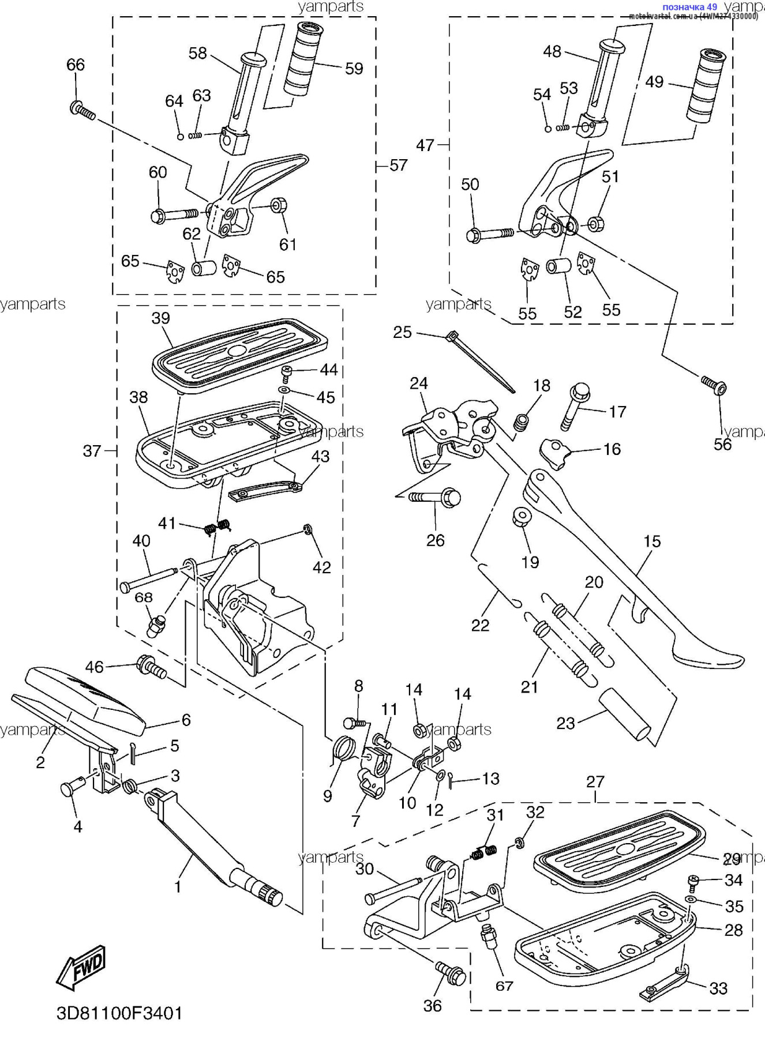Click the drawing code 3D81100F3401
tap(119, 1013)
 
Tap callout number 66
tap(76, 65)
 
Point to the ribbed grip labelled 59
tap(303, 60)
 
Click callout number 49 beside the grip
tap(654, 82)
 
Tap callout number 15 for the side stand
tap(652, 541)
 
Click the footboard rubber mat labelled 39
tap(239, 350)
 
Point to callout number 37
tap(92, 451)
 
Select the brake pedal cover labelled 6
tap(87, 695)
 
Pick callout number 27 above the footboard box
tap(595, 781)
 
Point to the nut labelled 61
tap(279, 205)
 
